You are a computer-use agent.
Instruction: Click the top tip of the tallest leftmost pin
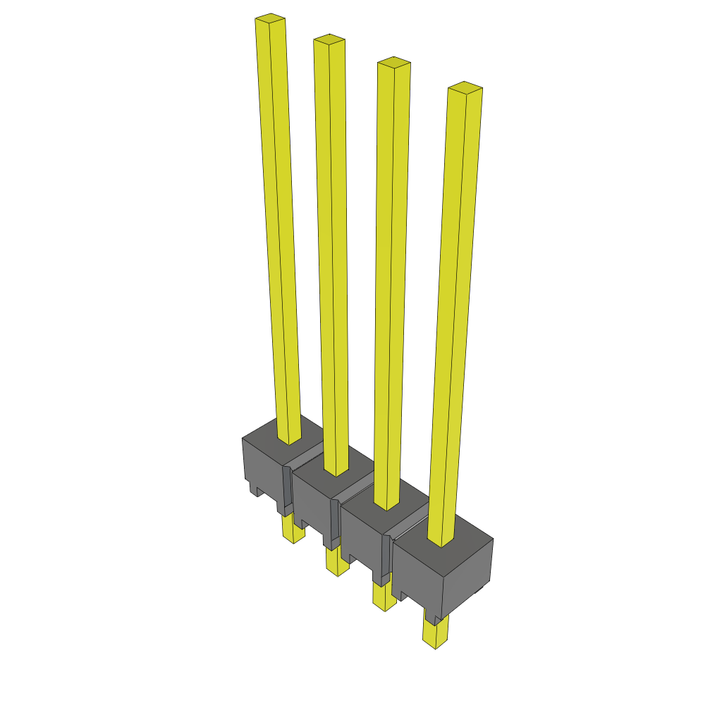click(270, 18)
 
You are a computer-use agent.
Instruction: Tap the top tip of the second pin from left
click(329, 39)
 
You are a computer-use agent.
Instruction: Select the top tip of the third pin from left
click(394, 62)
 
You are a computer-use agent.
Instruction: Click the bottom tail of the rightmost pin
click(435, 635)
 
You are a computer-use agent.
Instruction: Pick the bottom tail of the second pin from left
click(336, 564)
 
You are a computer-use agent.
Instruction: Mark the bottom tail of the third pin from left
click(384, 599)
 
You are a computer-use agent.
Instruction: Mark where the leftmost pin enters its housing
click(288, 440)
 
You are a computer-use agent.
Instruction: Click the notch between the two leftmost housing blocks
click(287, 487)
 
